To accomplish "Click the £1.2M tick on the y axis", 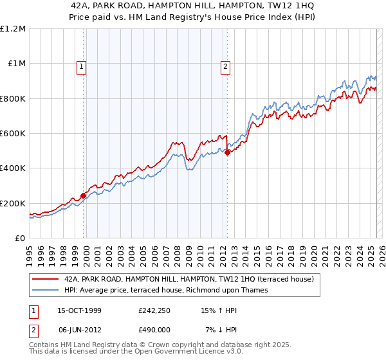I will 13,29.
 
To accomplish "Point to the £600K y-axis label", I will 13,134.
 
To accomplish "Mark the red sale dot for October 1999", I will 84,196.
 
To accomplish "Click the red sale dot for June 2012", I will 228,152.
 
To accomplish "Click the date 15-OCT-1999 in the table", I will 79,310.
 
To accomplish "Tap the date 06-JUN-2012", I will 79,330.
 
